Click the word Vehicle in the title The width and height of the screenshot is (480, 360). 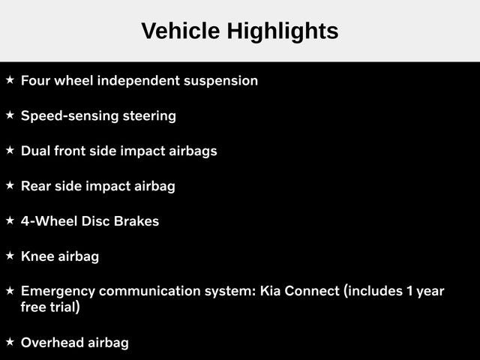(181, 31)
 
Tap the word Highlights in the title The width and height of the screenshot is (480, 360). (283, 31)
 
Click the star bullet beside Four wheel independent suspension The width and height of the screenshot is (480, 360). (10, 80)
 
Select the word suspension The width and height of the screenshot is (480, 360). (220, 81)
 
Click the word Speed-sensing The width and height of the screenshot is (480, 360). (70, 116)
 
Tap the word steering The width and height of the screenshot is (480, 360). (149, 116)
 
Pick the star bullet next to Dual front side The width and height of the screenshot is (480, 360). (10, 150)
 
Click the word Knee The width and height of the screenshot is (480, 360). (37, 256)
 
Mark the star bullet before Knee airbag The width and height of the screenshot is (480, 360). (10, 255)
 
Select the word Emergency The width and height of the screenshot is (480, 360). (58, 292)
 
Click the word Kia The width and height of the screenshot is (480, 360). (270, 291)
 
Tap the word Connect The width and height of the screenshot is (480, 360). (312, 291)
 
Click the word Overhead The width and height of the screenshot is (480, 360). (52, 343)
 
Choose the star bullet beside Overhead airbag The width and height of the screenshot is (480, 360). (10, 342)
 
